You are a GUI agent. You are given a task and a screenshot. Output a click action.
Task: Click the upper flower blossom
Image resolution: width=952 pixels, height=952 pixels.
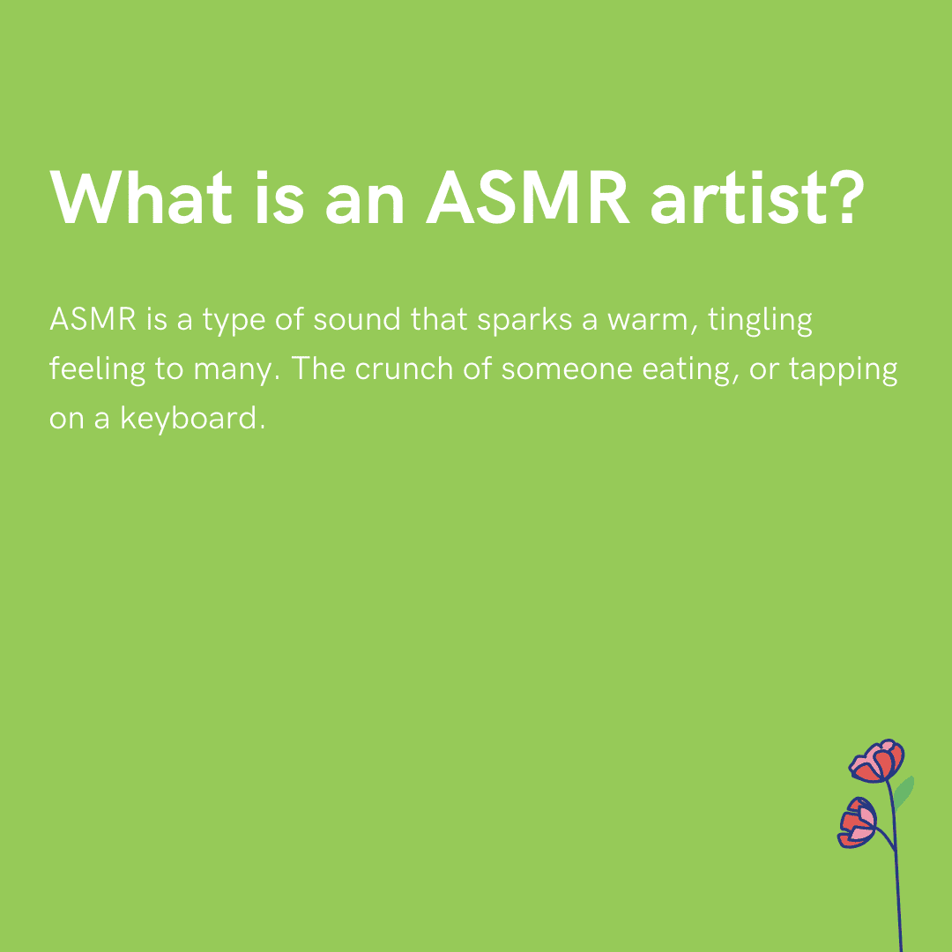point(878,762)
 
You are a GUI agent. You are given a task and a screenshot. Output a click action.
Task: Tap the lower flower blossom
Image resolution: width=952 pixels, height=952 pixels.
point(858,822)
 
